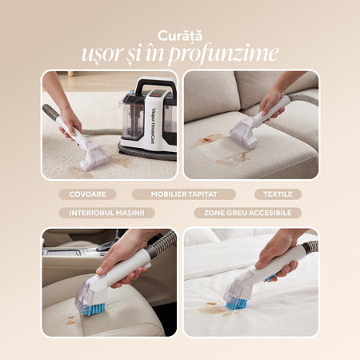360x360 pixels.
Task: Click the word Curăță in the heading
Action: pyautogui.click(x=180, y=36)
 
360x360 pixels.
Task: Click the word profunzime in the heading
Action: pyautogui.click(x=223, y=54)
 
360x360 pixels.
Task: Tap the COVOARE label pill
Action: pyautogui.click(x=87, y=194)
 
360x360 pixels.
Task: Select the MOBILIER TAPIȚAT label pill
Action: pyautogui.click(x=184, y=194)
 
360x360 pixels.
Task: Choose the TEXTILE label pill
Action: pyautogui.click(x=278, y=194)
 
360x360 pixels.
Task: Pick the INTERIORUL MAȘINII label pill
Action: pyautogui.click(x=106, y=213)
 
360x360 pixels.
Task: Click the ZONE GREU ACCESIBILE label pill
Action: pyautogui.click(x=248, y=213)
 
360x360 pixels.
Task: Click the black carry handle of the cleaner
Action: pyautogui.click(x=155, y=85)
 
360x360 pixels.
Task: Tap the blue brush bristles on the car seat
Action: pyautogui.click(x=94, y=310)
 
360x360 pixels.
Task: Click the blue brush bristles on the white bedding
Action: pyautogui.click(x=236, y=303)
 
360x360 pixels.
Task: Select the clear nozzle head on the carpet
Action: pyautogui.click(x=94, y=157)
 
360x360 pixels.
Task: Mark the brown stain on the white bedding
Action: pyautogui.click(x=214, y=310)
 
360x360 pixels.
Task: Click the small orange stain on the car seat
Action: pyautogui.click(x=70, y=321)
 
